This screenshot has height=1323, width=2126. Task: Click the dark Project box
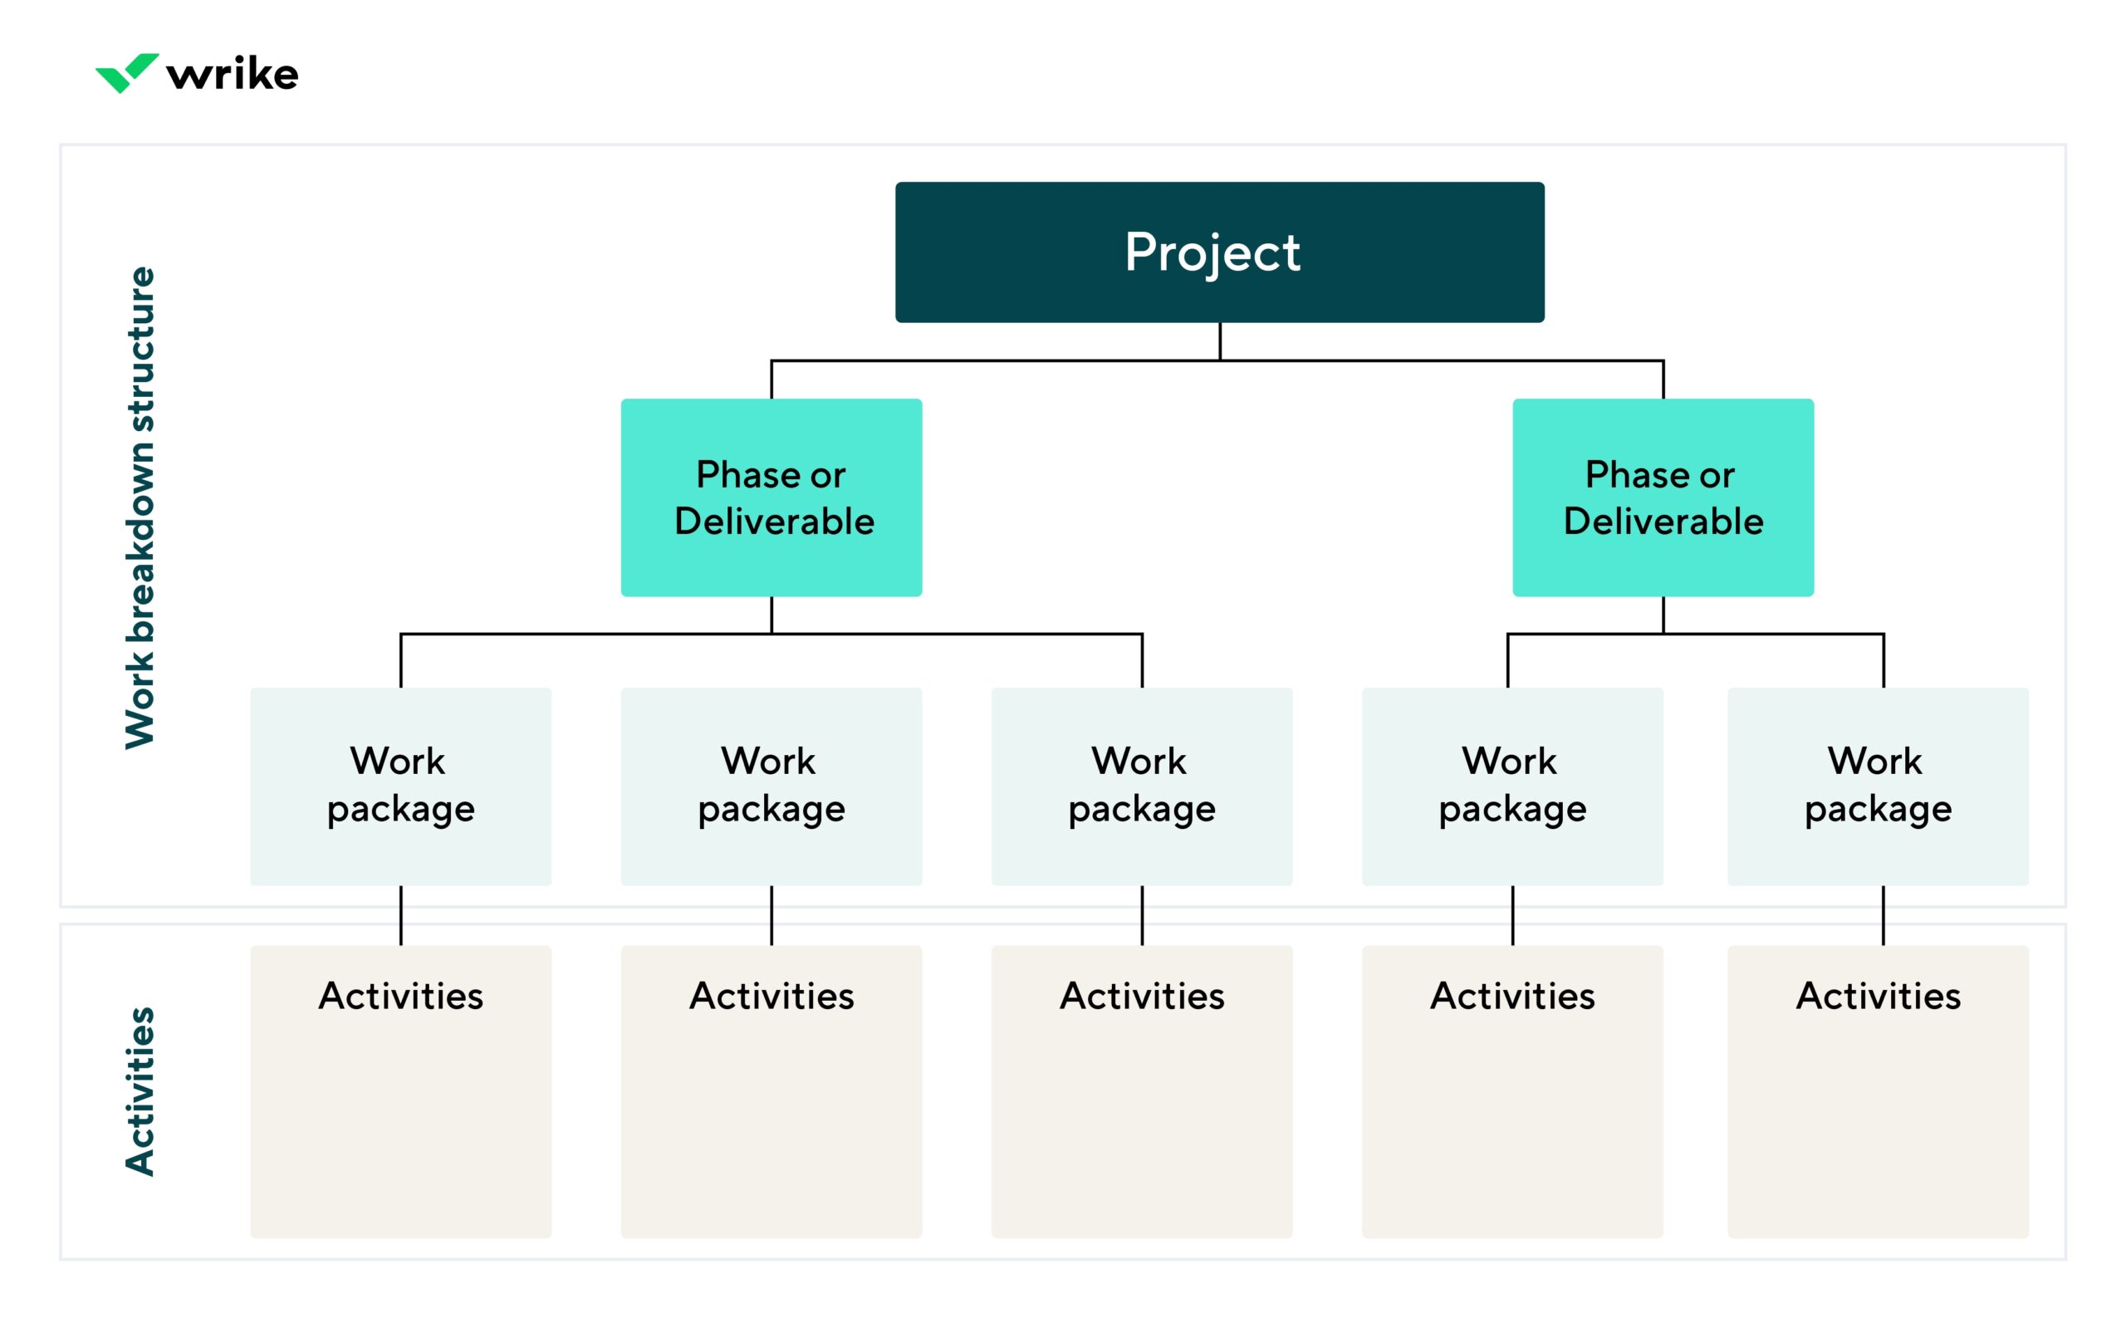tap(1219, 252)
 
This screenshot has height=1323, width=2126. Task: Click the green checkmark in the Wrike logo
tap(127, 72)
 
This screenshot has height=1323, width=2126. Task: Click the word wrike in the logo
tap(233, 75)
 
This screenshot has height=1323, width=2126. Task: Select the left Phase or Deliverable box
tap(771, 497)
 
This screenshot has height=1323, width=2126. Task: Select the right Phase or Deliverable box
tap(1663, 497)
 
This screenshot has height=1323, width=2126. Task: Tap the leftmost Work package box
tap(401, 786)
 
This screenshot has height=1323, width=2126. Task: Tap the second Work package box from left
tap(771, 786)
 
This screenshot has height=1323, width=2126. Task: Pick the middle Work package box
tap(1142, 786)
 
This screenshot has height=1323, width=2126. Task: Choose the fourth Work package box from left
tap(1511, 786)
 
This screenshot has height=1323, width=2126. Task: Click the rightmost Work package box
tap(1878, 786)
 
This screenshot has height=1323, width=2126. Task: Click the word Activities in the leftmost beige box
tap(401, 996)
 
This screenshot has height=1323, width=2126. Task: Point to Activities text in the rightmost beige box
tap(1878, 996)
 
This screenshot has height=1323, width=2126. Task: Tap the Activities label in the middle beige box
tap(1142, 996)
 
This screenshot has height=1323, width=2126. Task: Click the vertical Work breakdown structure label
tap(140, 507)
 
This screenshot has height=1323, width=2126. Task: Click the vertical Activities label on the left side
tap(140, 1091)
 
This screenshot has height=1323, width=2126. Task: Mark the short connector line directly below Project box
tap(1220, 341)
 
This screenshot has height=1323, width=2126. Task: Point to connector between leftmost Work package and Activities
tap(401, 915)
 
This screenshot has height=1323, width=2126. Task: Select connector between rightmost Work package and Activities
tap(1883, 915)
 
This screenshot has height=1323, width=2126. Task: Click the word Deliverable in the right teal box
tap(1663, 522)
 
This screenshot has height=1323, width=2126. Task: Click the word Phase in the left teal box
tap(747, 474)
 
